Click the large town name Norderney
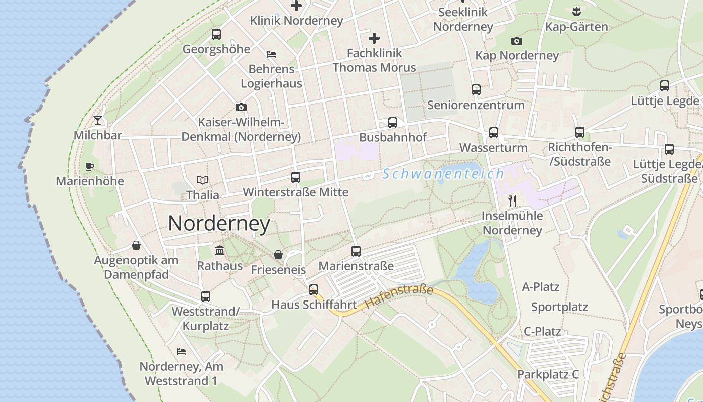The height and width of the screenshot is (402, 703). click(x=219, y=223)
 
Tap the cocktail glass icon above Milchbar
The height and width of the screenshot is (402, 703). click(x=98, y=120)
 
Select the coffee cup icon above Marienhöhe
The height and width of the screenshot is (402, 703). click(x=90, y=166)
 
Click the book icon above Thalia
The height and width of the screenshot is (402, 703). click(x=203, y=180)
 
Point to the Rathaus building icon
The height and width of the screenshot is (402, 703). click(x=220, y=250)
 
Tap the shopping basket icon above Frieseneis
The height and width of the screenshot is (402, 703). click(x=278, y=255)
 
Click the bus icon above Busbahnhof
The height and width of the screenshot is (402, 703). click(x=393, y=122)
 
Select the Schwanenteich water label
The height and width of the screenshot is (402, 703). click(x=443, y=174)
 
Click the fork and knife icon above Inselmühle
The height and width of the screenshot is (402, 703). click(x=512, y=200)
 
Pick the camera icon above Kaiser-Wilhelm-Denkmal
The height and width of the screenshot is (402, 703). click(x=241, y=107)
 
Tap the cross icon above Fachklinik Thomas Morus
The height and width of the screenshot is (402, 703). click(x=374, y=38)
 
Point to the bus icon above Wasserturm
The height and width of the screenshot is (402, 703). click(x=494, y=133)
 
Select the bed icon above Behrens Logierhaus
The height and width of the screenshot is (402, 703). click(x=271, y=54)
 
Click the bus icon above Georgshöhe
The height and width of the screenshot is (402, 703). click(x=216, y=34)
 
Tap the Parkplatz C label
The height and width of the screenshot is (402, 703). click(x=548, y=374)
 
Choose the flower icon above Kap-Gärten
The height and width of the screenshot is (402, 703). click(x=576, y=11)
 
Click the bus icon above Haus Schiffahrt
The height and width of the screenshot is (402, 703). click(x=314, y=289)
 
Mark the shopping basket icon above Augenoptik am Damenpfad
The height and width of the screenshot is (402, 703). click(x=136, y=245)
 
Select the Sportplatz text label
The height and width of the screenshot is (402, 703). click(x=559, y=307)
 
